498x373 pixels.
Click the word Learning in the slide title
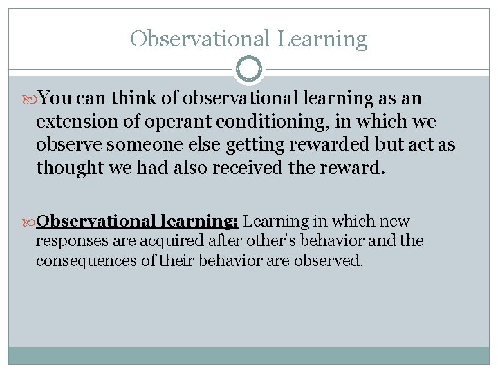coord(322,39)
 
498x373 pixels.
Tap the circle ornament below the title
coord(249,69)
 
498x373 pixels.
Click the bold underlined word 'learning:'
coord(201,222)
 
